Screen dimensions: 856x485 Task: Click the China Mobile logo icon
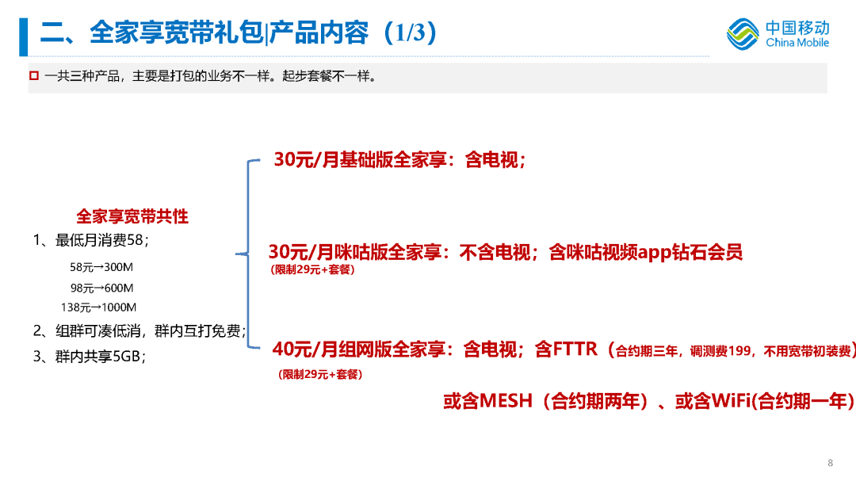click(743, 34)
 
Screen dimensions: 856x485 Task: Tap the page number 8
click(830, 463)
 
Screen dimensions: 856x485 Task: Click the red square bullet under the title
click(33, 77)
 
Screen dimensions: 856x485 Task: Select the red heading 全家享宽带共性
click(132, 216)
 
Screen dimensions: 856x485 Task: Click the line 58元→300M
click(101, 267)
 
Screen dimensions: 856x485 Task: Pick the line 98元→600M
click(101, 288)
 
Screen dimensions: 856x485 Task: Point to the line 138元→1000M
click(98, 307)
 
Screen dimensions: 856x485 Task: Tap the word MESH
click(506, 401)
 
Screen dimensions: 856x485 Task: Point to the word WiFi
click(730, 401)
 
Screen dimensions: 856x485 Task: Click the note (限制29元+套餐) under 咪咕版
click(312, 270)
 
